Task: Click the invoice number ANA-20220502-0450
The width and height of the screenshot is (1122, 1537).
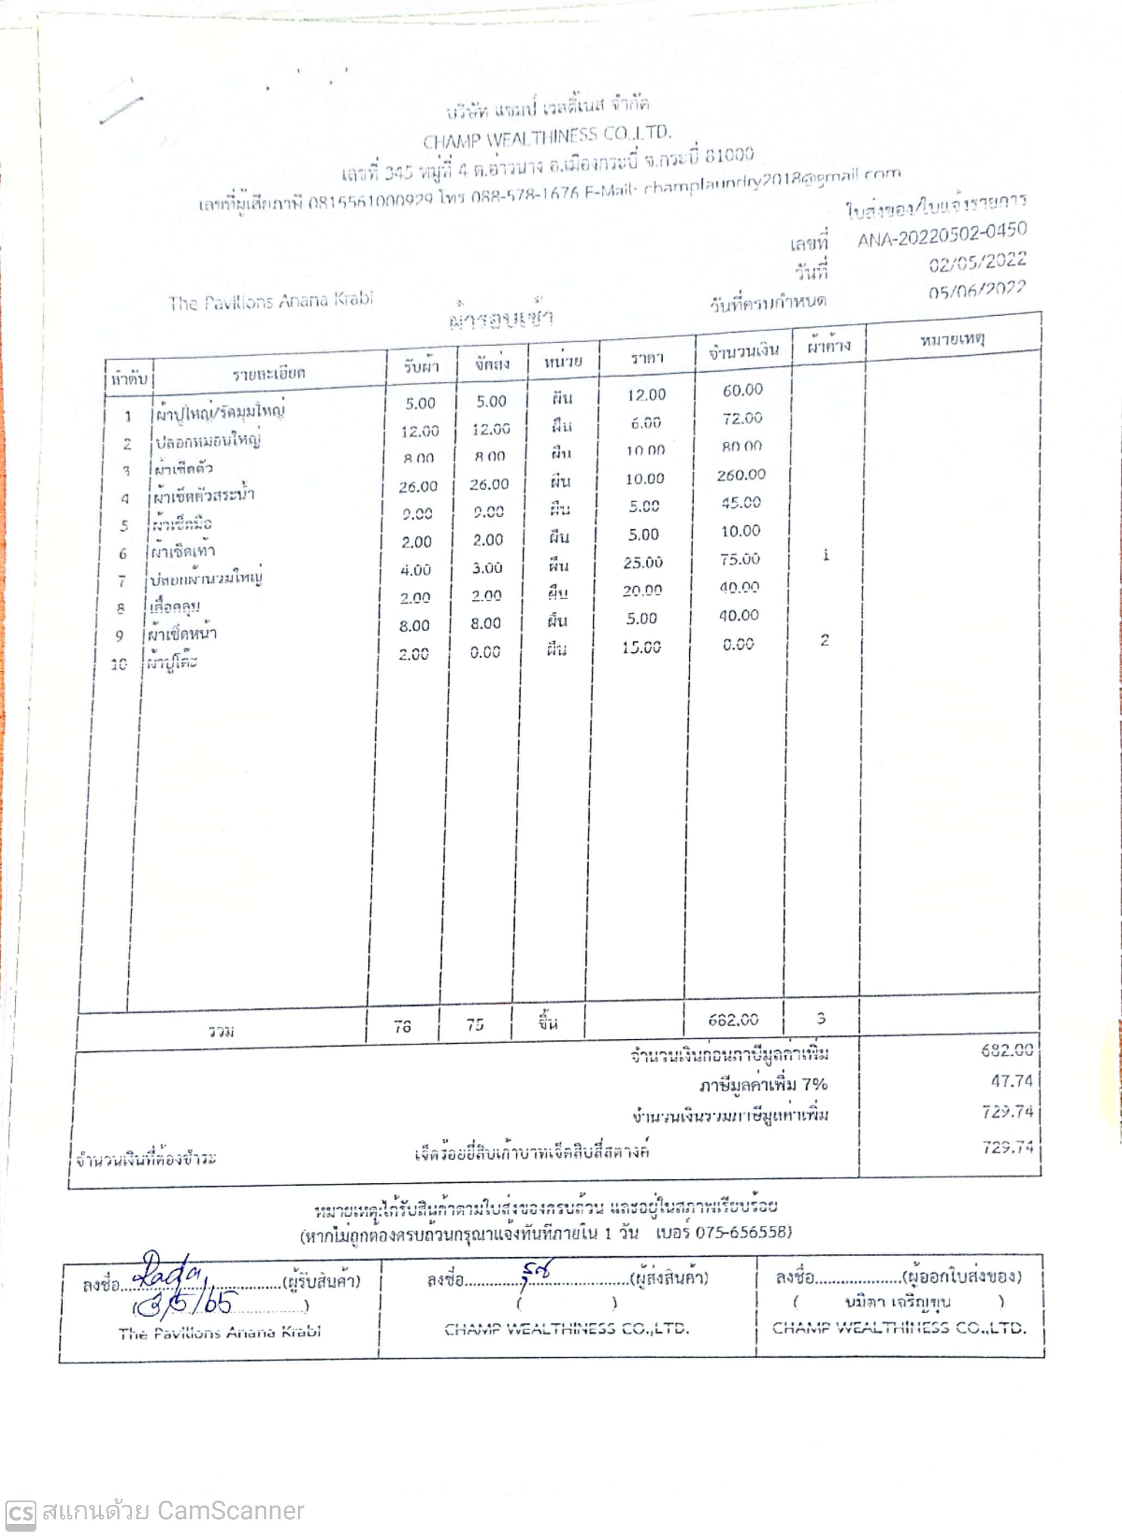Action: coord(942,235)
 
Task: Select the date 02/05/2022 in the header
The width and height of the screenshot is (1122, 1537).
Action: coord(977,262)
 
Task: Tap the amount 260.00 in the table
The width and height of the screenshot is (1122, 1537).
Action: coord(741,474)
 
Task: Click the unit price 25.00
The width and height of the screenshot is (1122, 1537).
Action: coord(643,562)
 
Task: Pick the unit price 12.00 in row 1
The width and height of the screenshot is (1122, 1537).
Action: coord(646,395)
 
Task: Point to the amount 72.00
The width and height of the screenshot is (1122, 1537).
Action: coord(743,418)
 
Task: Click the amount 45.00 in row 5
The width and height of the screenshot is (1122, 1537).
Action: coord(741,503)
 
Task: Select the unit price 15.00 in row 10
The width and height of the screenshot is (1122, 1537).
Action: coord(641,647)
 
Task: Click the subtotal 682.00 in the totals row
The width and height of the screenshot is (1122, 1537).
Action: coord(733,1020)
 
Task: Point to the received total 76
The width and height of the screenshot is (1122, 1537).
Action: coord(402,1026)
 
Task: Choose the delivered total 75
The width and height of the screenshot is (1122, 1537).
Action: coord(475,1025)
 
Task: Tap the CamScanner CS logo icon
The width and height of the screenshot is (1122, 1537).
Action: coord(20,1515)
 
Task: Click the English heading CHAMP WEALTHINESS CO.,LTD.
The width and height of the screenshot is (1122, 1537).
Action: coord(547,137)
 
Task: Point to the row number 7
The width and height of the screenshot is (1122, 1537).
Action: coord(122,581)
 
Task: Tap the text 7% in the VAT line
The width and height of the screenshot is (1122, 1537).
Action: coord(814,1084)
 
